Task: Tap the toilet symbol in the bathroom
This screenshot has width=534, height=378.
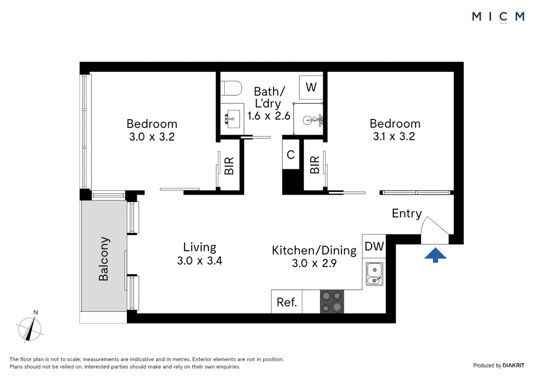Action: (x=231, y=88)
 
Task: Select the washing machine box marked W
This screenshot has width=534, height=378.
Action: (x=311, y=87)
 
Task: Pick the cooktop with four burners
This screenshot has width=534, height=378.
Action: (x=332, y=301)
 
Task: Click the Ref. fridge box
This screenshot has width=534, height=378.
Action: (x=287, y=302)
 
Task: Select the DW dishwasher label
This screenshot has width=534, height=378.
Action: (x=374, y=246)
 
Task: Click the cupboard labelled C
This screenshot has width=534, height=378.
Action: (x=291, y=154)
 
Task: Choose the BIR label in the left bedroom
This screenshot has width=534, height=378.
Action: (x=229, y=166)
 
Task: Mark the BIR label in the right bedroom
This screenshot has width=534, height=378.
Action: (x=315, y=165)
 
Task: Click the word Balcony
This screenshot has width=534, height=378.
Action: (x=103, y=259)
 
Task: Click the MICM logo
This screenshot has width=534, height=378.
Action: (x=498, y=16)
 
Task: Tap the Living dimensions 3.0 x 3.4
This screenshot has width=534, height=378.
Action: (x=200, y=261)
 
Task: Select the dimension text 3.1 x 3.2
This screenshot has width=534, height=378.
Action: (x=394, y=136)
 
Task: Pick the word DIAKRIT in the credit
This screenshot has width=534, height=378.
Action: (x=513, y=365)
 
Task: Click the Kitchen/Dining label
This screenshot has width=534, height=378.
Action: (x=314, y=250)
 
